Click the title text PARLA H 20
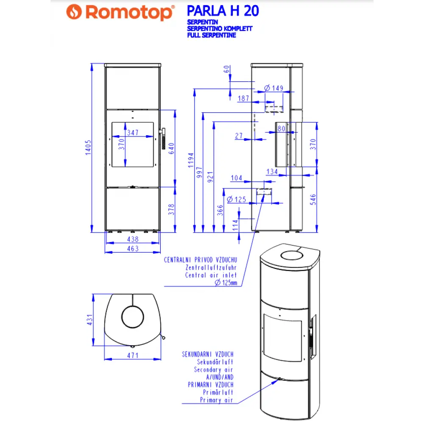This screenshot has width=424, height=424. pyautogui.click(x=222, y=11)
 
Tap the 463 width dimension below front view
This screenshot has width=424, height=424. pyautogui.click(x=133, y=249)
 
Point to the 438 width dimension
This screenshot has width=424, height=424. pyautogui.click(x=133, y=240)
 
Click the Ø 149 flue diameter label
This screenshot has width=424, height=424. pyautogui.click(x=273, y=88)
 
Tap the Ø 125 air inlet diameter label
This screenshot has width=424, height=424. pyautogui.click(x=237, y=199)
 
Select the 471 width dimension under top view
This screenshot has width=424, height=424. pyautogui.click(x=133, y=355)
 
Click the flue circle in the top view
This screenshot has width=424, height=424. pyautogui.click(x=133, y=317)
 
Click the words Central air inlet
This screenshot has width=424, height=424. pyautogui.click(x=211, y=275)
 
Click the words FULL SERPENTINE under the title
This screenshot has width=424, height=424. pyautogui.click(x=211, y=35)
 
